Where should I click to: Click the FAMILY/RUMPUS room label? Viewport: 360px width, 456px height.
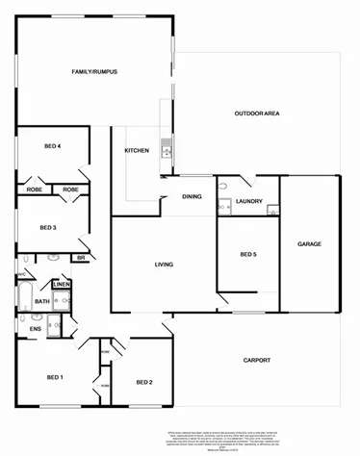pyautogui.click(x=94, y=72)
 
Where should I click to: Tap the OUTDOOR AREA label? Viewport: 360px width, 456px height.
pyautogui.click(x=257, y=114)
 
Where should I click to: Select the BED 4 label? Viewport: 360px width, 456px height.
pyautogui.click(x=53, y=146)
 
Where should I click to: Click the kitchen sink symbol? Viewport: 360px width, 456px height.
pyautogui.click(x=166, y=148)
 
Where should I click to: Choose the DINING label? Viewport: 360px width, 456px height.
pyautogui.click(x=192, y=197)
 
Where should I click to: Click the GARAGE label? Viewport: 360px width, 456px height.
pyautogui.click(x=309, y=243)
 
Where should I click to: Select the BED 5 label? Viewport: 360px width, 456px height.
pyautogui.click(x=248, y=254)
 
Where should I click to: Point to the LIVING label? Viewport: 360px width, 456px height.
pyautogui.click(x=164, y=265)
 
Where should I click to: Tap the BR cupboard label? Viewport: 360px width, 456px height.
pyautogui.click(x=81, y=258)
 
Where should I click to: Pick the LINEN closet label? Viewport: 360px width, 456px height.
pyautogui.click(x=61, y=285)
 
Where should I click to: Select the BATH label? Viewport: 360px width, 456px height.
pyautogui.click(x=41, y=302)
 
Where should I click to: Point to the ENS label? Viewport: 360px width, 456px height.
pyautogui.click(x=35, y=329)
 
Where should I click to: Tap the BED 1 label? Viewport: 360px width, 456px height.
pyautogui.click(x=55, y=377)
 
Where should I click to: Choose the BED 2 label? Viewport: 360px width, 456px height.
pyautogui.click(x=144, y=382)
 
